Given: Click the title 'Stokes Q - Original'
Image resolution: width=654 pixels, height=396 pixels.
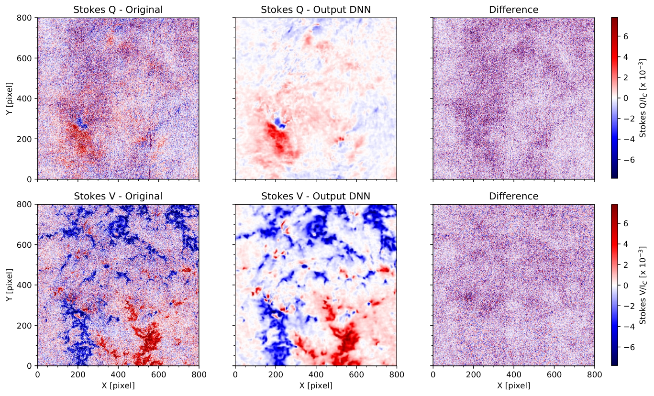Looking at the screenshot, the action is point(118,10).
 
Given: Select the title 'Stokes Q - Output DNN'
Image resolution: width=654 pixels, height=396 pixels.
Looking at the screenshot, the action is point(316,10).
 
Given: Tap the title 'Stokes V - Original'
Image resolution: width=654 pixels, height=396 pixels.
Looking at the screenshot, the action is point(118,196).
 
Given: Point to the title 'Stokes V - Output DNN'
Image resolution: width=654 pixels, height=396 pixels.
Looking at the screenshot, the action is point(316,196).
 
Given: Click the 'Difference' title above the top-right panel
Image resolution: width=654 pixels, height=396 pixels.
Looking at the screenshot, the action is point(513,10).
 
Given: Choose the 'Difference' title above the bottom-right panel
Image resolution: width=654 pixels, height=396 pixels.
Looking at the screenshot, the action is point(513,196).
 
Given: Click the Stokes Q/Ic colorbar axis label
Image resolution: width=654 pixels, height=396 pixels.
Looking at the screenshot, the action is point(643,98).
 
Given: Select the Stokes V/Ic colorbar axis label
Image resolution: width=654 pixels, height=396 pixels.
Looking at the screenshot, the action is point(643,285).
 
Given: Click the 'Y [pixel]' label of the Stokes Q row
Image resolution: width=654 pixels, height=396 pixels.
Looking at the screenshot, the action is point(10,99).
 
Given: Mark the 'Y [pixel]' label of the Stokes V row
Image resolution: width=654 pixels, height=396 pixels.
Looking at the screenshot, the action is point(10,285).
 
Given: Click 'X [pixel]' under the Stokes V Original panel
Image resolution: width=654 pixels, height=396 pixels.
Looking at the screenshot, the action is point(118,386).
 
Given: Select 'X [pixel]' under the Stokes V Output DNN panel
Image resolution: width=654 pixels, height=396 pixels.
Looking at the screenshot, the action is point(316,386).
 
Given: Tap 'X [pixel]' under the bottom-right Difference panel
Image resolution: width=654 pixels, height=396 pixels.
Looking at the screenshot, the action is point(513,386).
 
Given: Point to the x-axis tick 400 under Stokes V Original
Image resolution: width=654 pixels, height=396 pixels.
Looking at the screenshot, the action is point(118,374).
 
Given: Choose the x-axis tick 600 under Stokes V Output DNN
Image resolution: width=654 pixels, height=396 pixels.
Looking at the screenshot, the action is point(356,374).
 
